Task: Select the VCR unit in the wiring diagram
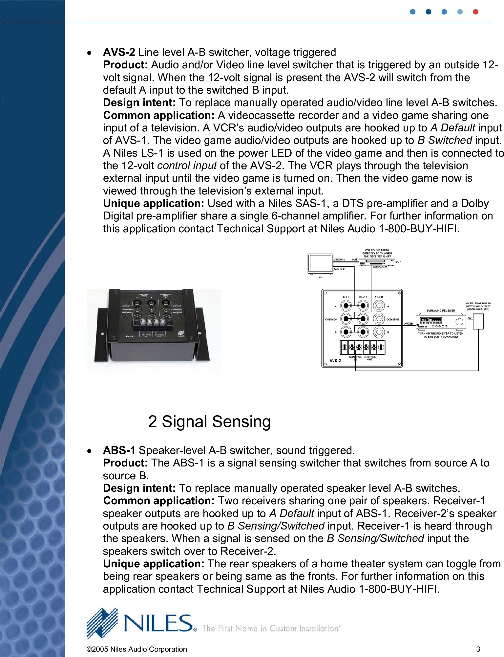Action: [x=377, y=262]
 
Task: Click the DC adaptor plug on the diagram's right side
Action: [x=478, y=321]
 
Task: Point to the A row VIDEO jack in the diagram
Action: [x=379, y=306]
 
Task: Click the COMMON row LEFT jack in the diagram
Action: [x=346, y=319]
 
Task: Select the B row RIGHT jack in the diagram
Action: [x=363, y=332]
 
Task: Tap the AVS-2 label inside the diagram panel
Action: [x=335, y=360]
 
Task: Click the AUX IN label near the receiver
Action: [x=409, y=324]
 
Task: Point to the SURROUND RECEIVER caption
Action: [x=441, y=310]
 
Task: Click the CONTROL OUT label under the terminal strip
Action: [x=370, y=358]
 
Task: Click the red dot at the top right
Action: [x=475, y=12]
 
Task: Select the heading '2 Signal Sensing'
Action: [x=209, y=421]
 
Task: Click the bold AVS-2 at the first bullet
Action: [x=119, y=52]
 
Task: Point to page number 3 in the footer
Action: [x=478, y=649]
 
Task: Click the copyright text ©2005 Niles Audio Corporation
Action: [x=136, y=649]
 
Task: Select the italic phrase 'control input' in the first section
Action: [x=187, y=166]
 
